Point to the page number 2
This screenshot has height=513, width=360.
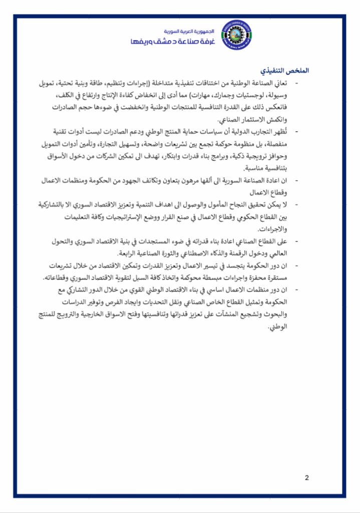click(x=306, y=477)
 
